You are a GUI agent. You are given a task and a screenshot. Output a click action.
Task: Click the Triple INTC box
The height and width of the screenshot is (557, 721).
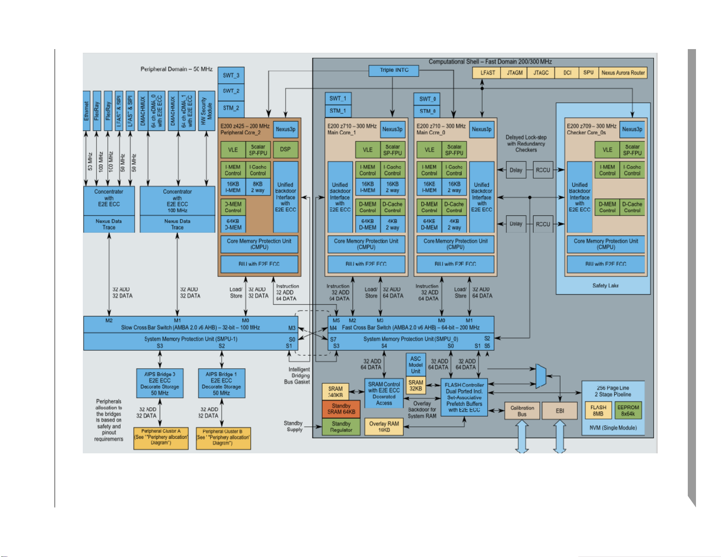394,70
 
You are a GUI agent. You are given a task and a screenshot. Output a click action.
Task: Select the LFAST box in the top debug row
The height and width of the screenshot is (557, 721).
487,73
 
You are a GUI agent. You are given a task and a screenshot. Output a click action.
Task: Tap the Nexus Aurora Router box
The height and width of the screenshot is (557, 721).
623,73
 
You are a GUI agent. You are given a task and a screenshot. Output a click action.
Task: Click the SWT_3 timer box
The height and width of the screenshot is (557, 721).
231,75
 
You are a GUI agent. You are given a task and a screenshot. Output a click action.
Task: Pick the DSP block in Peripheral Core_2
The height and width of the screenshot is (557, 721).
285,150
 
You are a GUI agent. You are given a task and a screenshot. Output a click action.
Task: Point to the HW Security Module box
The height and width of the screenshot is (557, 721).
207,110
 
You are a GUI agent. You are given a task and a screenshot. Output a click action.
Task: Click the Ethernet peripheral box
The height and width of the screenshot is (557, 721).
86,110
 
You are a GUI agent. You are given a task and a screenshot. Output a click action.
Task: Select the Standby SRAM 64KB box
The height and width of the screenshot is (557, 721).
341,409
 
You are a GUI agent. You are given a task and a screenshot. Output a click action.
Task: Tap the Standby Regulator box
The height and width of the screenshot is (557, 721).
341,427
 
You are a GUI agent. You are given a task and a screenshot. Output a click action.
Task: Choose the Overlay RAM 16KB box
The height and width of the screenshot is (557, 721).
384,427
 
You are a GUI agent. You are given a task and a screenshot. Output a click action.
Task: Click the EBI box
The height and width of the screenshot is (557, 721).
560,411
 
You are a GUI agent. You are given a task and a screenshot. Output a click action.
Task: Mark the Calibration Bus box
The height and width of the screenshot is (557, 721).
522,411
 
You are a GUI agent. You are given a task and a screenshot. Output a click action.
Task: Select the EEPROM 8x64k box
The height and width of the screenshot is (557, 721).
628,411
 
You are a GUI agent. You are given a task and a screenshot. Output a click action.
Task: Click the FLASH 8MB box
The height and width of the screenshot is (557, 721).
598,411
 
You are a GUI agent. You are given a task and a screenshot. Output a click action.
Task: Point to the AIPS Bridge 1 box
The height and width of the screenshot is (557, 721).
222,383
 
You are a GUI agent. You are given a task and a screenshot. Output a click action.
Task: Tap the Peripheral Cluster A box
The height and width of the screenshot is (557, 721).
161,437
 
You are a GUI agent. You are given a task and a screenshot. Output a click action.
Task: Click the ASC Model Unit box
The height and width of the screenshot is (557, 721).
415,365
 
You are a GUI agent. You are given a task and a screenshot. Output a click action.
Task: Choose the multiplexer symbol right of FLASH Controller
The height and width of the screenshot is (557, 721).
540,376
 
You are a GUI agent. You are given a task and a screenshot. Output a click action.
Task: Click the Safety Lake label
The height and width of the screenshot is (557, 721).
605,286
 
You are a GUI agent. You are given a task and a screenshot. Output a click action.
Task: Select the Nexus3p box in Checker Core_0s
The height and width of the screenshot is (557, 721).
632,129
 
